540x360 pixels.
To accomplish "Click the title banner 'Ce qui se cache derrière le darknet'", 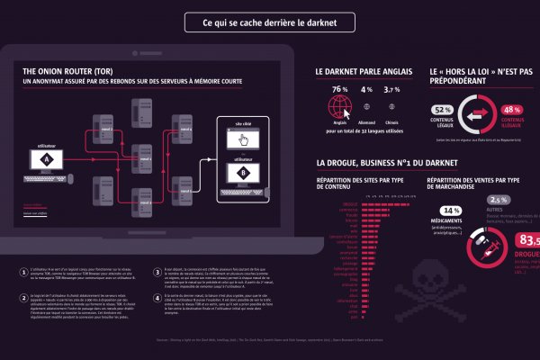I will pyautogui.click(x=270, y=22).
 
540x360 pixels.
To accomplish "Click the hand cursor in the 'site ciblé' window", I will pyautogui.click(x=241, y=139).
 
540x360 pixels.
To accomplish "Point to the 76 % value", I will pyautogui.click(x=339, y=91).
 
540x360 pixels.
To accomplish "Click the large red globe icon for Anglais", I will pyautogui.click(x=340, y=108).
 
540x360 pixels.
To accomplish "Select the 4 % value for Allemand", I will pyautogui.click(x=366, y=91).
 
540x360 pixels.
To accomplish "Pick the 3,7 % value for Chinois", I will pyautogui.click(x=392, y=91).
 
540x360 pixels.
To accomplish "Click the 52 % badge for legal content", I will pyautogui.click(x=443, y=110).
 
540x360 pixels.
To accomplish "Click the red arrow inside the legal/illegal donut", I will pyautogui.click(x=478, y=115).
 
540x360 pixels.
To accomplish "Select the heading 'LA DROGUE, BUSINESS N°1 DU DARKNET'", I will pyautogui.click(x=387, y=164).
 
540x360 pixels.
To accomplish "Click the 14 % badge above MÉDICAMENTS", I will pyautogui.click(x=451, y=211).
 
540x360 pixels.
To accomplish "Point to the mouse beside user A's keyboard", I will pyautogui.click(x=68, y=175).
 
